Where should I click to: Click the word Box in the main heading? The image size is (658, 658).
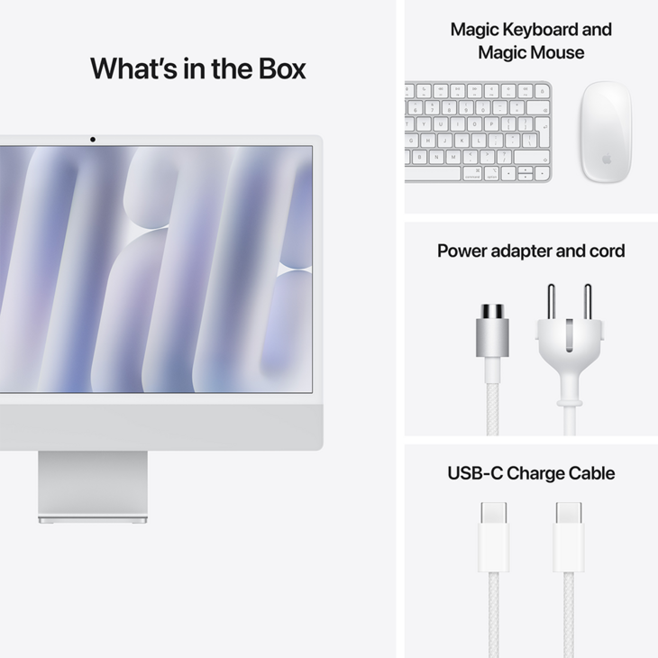pos(282,69)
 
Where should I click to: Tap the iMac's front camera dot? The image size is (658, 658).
pos(92,140)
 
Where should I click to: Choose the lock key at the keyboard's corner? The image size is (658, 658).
pos(541,91)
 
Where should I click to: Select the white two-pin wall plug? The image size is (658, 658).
pos(568,347)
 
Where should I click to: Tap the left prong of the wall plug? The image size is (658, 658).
pos(552,302)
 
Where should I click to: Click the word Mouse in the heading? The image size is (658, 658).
pos(557,52)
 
